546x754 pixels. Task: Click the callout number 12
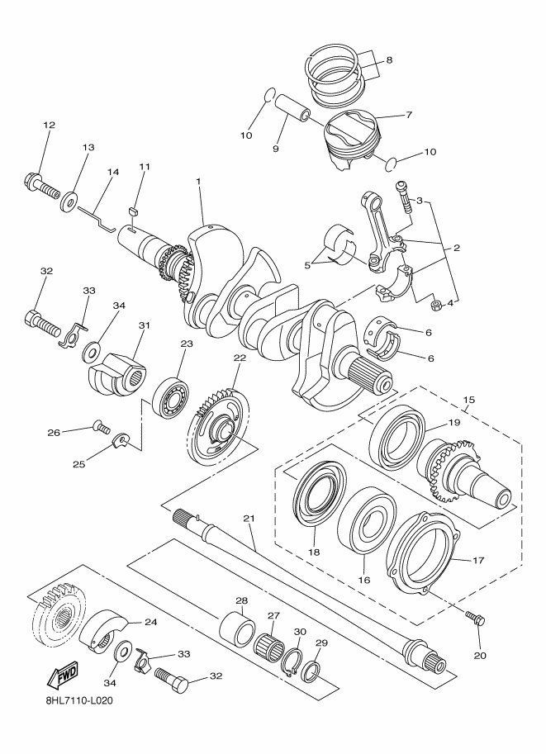49,125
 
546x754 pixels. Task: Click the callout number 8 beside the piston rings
389,60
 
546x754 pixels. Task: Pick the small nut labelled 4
434,306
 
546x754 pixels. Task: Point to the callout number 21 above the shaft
249,518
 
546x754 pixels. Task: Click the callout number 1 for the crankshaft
198,181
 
